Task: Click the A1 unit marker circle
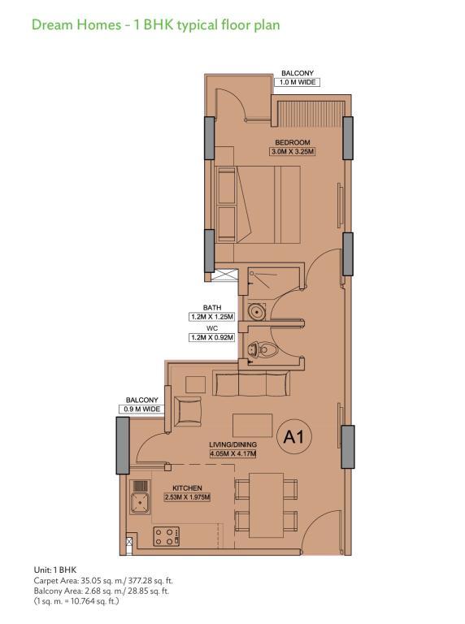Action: [x=294, y=437]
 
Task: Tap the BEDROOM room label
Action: [x=293, y=142]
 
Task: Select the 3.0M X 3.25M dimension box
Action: [x=293, y=152]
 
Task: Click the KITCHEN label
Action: [x=187, y=487]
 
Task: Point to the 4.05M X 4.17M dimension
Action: [x=232, y=453]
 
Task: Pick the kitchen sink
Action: [x=140, y=497]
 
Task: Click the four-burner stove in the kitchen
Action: [x=167, y=536]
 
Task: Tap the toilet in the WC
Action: [x=263, y=350]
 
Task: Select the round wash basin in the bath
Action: [x=256, y=312]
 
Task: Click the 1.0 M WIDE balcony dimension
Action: [x=297, y=82]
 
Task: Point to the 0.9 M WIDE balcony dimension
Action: [x=141, y=409]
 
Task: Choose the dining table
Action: [x=266, y=505]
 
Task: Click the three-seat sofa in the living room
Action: [x=252, y=383]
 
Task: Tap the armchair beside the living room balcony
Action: [x=188, y=411]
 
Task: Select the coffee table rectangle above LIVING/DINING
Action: [x=253, y=426]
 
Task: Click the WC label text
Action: [x=212, y=328]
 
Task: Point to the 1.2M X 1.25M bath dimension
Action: [x=211, y=317]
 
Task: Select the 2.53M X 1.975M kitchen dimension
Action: [x=187, y=497]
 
